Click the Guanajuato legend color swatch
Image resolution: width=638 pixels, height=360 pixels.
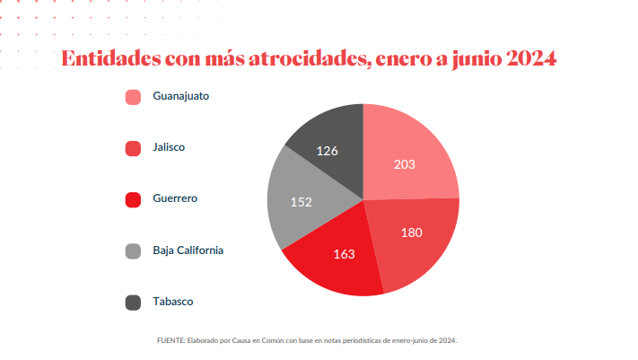pos(134,97)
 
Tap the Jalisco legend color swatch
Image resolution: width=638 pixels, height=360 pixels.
pos(134,148)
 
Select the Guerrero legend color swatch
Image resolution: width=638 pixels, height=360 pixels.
pos(134,199)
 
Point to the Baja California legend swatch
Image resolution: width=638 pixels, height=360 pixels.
pos(134,251)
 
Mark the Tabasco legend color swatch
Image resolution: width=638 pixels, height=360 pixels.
pos(134,303)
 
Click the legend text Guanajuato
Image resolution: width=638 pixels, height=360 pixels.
pos(181,95)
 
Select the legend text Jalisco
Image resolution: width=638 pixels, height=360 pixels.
pos(169,146)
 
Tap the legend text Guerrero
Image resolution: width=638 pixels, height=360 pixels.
pos(175,198)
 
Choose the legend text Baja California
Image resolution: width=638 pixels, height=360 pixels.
pos(188,250)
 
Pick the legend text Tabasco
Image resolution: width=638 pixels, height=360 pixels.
pos(173,302)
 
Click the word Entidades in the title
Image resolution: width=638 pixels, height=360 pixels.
pos(109,60)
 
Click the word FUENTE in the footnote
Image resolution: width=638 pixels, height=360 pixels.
pos(170,341)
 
